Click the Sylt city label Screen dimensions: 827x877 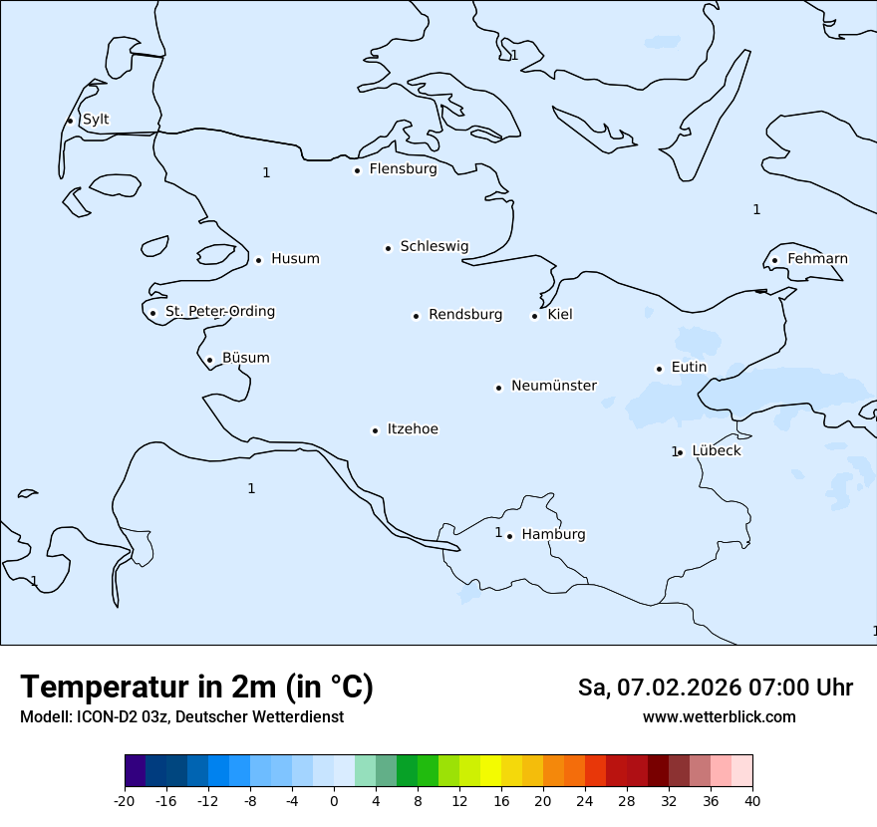pyautogui.click(x=96, y=120)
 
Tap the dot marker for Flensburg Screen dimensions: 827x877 pyautogui.click(x=357, y=170)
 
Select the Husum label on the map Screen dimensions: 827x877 pyautogui.click(x=295, y=259)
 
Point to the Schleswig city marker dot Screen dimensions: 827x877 pyautogui.click(x=388, y=248)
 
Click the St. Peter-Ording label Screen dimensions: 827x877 pyautogui.click(x=220, y=312)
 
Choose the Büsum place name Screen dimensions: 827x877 pyautogui.click(x=245, y=359)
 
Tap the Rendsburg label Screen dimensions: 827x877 pyautogui.click(x=465, y=315)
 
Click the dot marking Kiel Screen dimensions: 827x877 pyautogui.click(x=534, y=316)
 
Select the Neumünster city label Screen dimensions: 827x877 pyautogui.click(x=554, y=386)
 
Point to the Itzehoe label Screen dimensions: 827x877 pyautogui.click(x=413, y=429)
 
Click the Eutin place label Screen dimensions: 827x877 pyautogui.click(x=689, y=368)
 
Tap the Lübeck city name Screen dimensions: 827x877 pyautogui.click(x=717, y=451)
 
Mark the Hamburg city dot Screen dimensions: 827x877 pyautogui.click(x=509, y=536)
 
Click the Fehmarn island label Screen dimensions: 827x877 pyautogui.click(x=817, y=259)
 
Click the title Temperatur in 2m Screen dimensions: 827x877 pyautogui.click(x=196, y=688)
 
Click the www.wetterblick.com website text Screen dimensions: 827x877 pyautogui.click(x=719, y=717)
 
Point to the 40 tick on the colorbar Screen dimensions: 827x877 pyautogui.click(x=752, y=800)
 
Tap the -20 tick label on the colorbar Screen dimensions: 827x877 pyautogui.click(x=125, y=800)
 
